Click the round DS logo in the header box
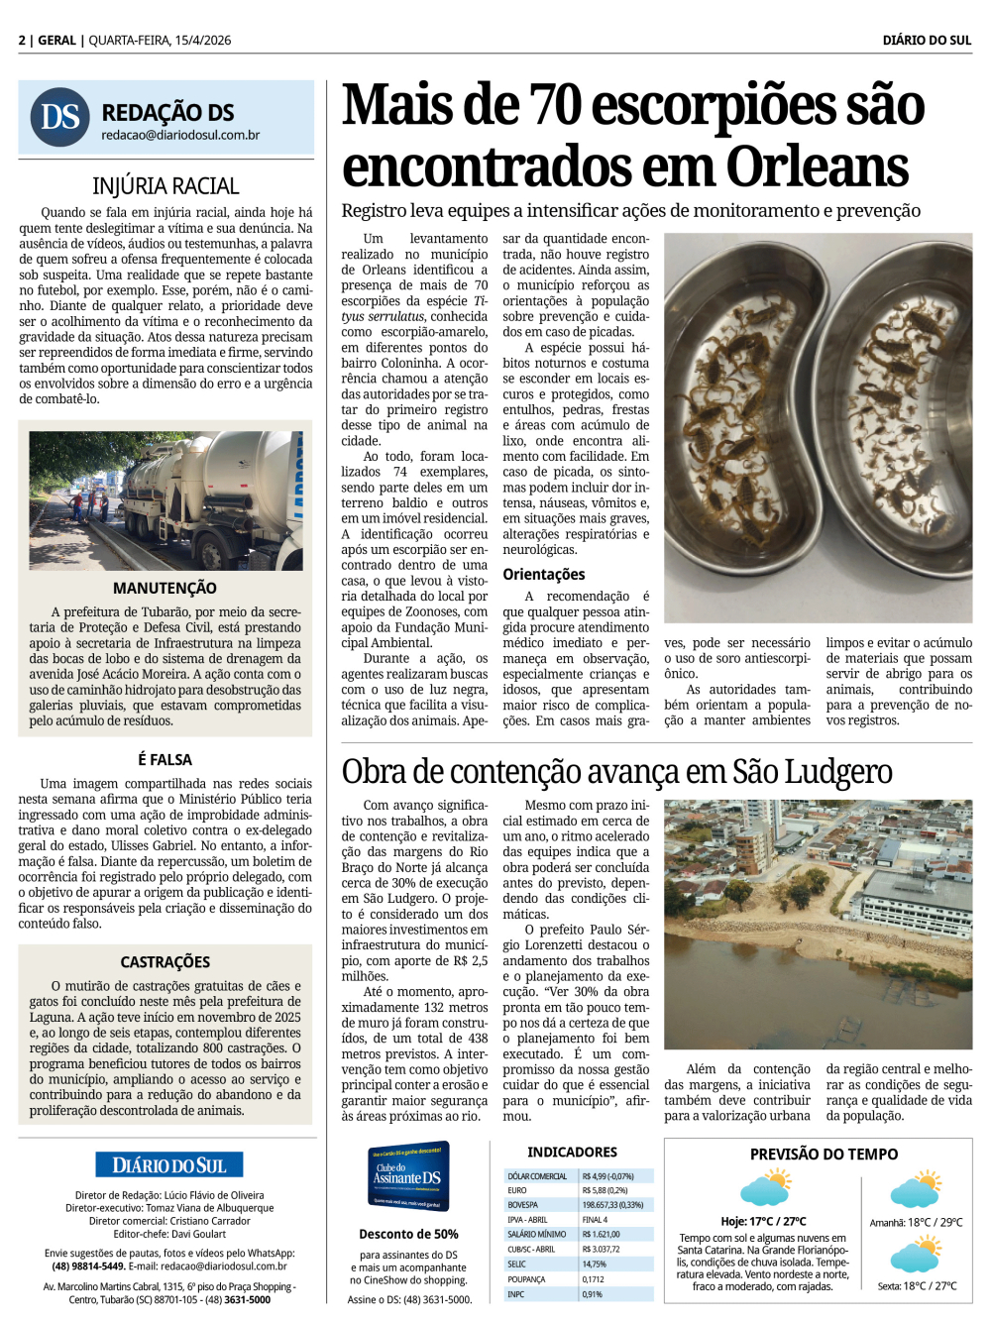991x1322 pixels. [59, 117]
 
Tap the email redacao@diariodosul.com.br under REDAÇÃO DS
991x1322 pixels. [180, 135]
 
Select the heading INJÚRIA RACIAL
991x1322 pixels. [165, 186]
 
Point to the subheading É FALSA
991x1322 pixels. [165, 759]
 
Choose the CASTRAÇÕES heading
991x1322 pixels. [165, 962]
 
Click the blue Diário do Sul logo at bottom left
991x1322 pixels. [169, 1165]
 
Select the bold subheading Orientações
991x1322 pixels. [544, 575]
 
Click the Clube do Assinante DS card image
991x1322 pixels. [409, 1176]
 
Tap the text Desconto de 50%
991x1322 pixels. [408, 1235]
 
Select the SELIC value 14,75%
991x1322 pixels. [595, 1265]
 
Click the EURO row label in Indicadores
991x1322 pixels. [518, 1191]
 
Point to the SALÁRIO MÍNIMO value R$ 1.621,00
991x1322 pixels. [602, 1235]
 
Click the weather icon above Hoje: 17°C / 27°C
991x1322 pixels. [765, 1188]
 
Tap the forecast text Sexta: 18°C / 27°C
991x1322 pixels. [917, 1286]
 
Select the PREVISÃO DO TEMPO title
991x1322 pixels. [824, 1155]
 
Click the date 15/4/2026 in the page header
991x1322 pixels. [202, 41]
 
